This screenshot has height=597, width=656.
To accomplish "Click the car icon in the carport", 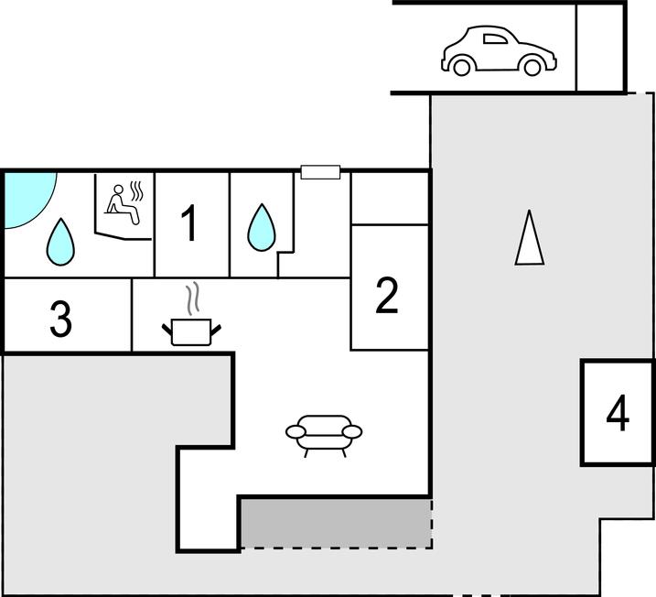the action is (499, 50).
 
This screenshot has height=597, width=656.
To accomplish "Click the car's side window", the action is (495, 39).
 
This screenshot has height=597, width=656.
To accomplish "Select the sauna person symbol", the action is (122, 205).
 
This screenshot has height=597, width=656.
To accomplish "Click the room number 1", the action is (189, 223).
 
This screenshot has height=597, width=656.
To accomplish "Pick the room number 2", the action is (387, 295).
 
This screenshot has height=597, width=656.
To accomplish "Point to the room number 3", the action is (61, 318).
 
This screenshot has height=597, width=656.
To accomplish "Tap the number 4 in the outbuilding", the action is (618, 413).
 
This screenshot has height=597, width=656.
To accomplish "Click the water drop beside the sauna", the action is (60, 242).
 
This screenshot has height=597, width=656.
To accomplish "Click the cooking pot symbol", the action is (191, 332).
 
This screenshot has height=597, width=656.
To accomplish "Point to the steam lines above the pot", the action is (192, 298).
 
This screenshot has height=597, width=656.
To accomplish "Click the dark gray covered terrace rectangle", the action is (337, 524).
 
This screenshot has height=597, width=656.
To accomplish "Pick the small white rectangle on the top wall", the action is (320, 172).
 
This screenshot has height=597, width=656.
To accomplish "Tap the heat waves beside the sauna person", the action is (136, 190).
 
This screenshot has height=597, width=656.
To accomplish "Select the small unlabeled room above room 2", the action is (390, 199).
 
